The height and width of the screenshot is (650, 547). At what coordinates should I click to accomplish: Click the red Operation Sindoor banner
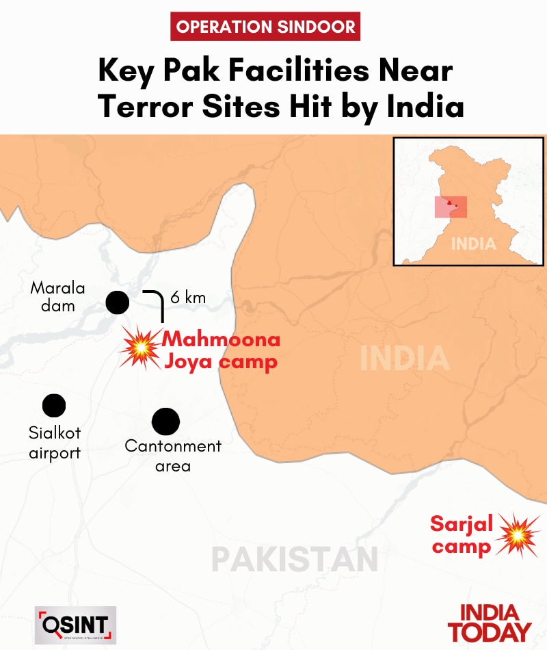click(265, 27)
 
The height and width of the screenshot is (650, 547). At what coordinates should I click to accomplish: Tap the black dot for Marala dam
click(118, 302)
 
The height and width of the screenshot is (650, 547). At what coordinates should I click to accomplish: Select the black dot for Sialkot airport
click(54, 406)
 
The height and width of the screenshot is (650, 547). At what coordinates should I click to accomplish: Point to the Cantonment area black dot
click(165, 421)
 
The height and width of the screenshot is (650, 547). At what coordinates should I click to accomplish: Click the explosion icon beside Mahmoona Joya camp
click(140, 348)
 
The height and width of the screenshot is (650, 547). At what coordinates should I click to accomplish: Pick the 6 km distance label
click(187, 298)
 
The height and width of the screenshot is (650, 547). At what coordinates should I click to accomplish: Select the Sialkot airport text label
click(54, 443)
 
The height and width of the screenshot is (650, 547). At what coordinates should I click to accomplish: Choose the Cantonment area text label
click(173, 456)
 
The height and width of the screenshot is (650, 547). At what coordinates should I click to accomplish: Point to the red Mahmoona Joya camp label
click(222, 350)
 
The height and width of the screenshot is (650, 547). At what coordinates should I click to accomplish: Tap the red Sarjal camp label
click(462, 536)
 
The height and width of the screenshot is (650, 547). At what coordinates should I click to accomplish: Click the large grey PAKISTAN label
click(294, 559)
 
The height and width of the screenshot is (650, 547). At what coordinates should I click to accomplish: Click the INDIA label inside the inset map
click(472, 244)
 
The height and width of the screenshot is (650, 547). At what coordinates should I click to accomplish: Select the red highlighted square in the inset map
click(451, 207)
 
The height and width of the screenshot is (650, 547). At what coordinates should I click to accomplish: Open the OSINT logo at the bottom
click(75, 625)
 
